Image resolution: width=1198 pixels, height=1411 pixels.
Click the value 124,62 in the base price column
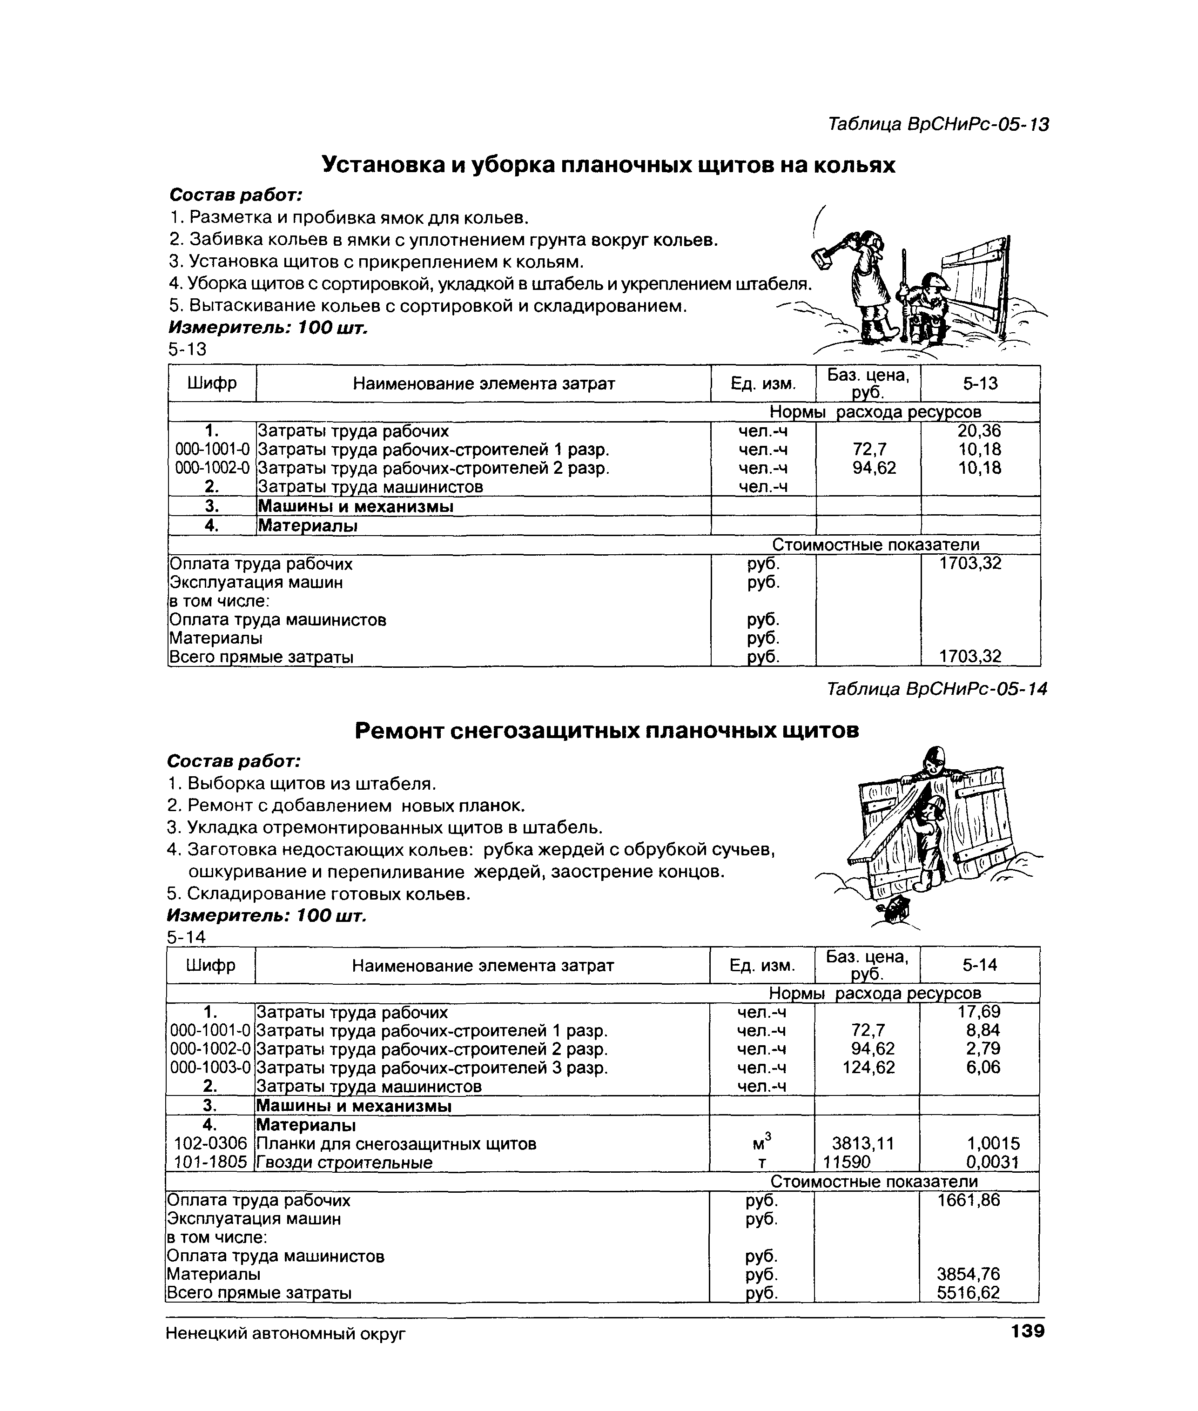868,1068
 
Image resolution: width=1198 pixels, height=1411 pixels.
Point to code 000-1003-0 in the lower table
210,1068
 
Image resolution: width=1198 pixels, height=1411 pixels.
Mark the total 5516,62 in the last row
969,1293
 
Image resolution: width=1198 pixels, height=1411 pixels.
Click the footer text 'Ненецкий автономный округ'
285,1334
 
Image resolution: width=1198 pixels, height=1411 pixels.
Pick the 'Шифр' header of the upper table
212,383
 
